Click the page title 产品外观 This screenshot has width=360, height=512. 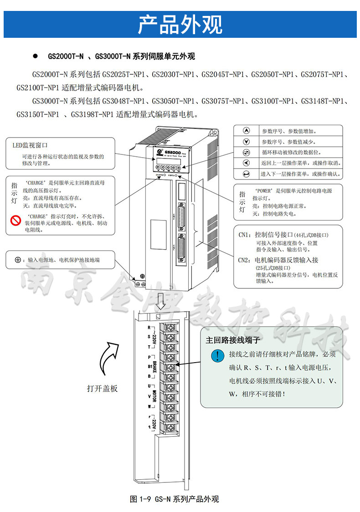(x=180, y=25)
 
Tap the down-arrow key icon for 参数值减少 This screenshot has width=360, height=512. (x=247, y=142)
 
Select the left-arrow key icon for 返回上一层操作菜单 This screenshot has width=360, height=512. (x=247, y=163)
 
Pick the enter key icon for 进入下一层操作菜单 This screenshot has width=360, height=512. (x=247, y=174)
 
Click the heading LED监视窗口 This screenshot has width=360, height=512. (x=30, y=145)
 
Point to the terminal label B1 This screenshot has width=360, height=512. (x=149, y=366)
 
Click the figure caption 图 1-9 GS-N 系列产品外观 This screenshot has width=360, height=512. (x=175, y=499)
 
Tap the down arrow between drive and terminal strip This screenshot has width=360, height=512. (x=159, y=300)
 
